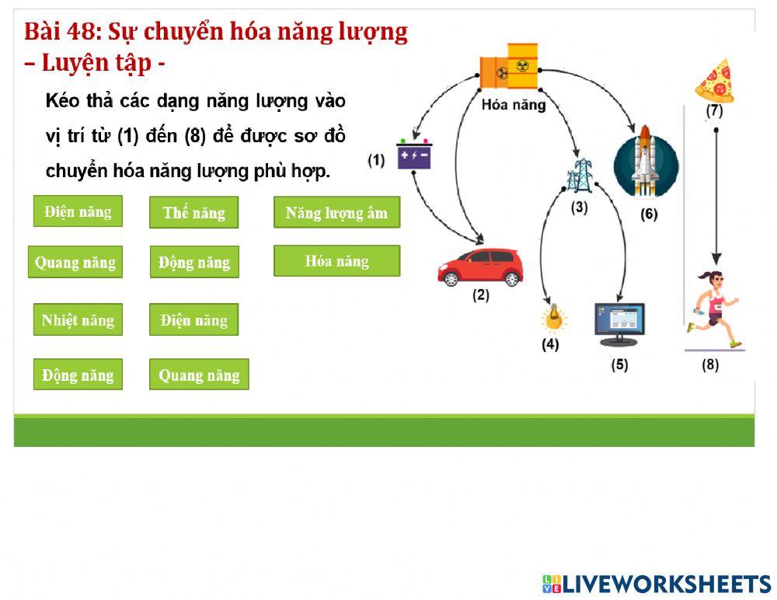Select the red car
click(x=479, y=267)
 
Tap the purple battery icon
click(x=413, y=155)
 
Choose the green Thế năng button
click(x=193, y=212)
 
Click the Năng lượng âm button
click(x=336, y=212)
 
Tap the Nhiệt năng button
click(x=78, y=319)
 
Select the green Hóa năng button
click(x=336, y=261)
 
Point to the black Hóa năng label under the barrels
click(x=514, y=104)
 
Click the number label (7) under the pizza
click(x=714, y=111)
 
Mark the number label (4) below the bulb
click(x=550, y=345)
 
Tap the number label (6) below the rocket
click(x=649, y=215)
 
